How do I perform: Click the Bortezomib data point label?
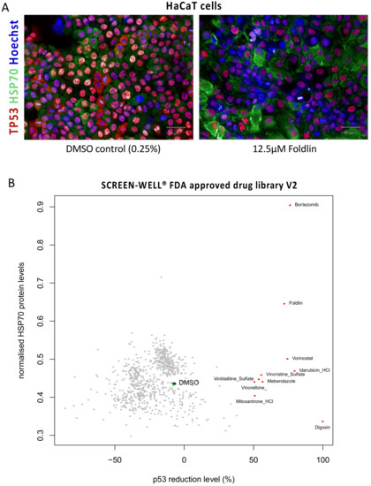tap(307, 205)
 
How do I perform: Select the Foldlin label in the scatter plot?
tap(296, 303)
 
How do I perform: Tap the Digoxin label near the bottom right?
tap(322, 428)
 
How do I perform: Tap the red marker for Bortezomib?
tap(290, 205)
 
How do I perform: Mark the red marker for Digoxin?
tap(322, 421)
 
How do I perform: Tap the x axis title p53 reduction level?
tap(185, 478)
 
